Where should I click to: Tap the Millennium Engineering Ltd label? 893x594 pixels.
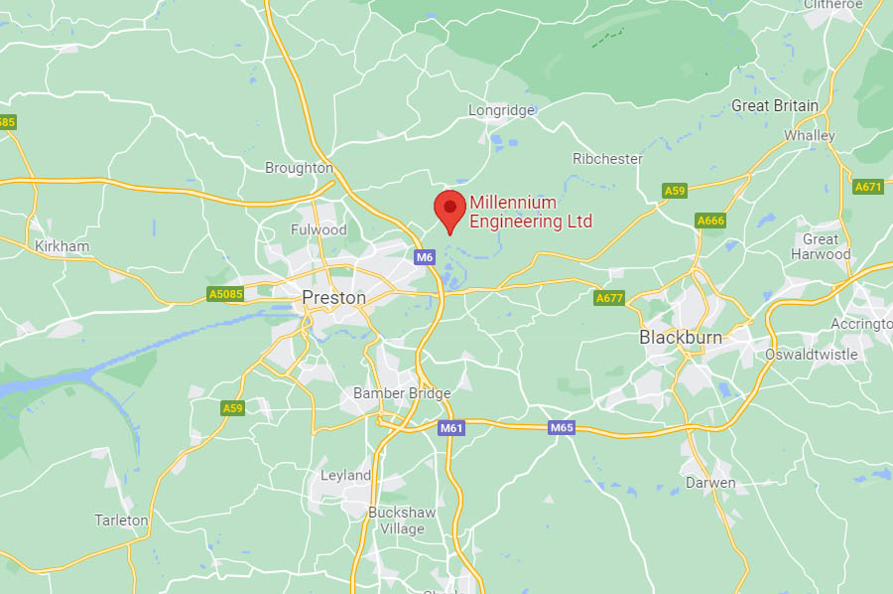(530, 213)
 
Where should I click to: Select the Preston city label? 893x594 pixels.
(333, 298)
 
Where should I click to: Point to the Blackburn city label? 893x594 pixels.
(681, 338)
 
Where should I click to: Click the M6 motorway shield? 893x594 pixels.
(425, 258)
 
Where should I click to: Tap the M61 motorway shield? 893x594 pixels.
(451, 428)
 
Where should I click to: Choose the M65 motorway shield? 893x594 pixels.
(562, 428)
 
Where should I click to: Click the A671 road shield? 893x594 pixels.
(867, 187)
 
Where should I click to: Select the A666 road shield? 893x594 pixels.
(710, 221)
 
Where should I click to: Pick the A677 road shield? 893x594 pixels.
(609, 298)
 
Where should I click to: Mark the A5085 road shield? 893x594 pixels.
(224, 294)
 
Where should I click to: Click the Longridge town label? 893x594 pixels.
(501, 110)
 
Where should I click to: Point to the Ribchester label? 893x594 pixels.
(607, 159)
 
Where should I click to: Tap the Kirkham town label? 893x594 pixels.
(62, 246)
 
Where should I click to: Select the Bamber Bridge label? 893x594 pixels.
(402, 393)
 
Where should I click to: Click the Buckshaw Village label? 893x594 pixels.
(396, 520)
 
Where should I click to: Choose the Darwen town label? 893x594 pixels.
(710, 483)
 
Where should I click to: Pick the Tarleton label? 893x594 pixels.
(121, 520)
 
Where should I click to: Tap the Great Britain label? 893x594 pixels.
(775, 105)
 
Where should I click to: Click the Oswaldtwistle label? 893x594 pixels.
(811, 355)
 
